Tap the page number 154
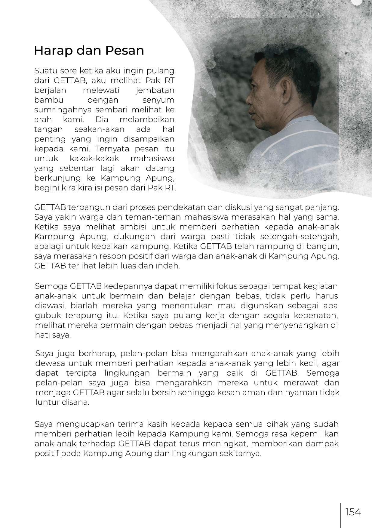353,512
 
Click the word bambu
47,100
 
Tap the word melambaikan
147,119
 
